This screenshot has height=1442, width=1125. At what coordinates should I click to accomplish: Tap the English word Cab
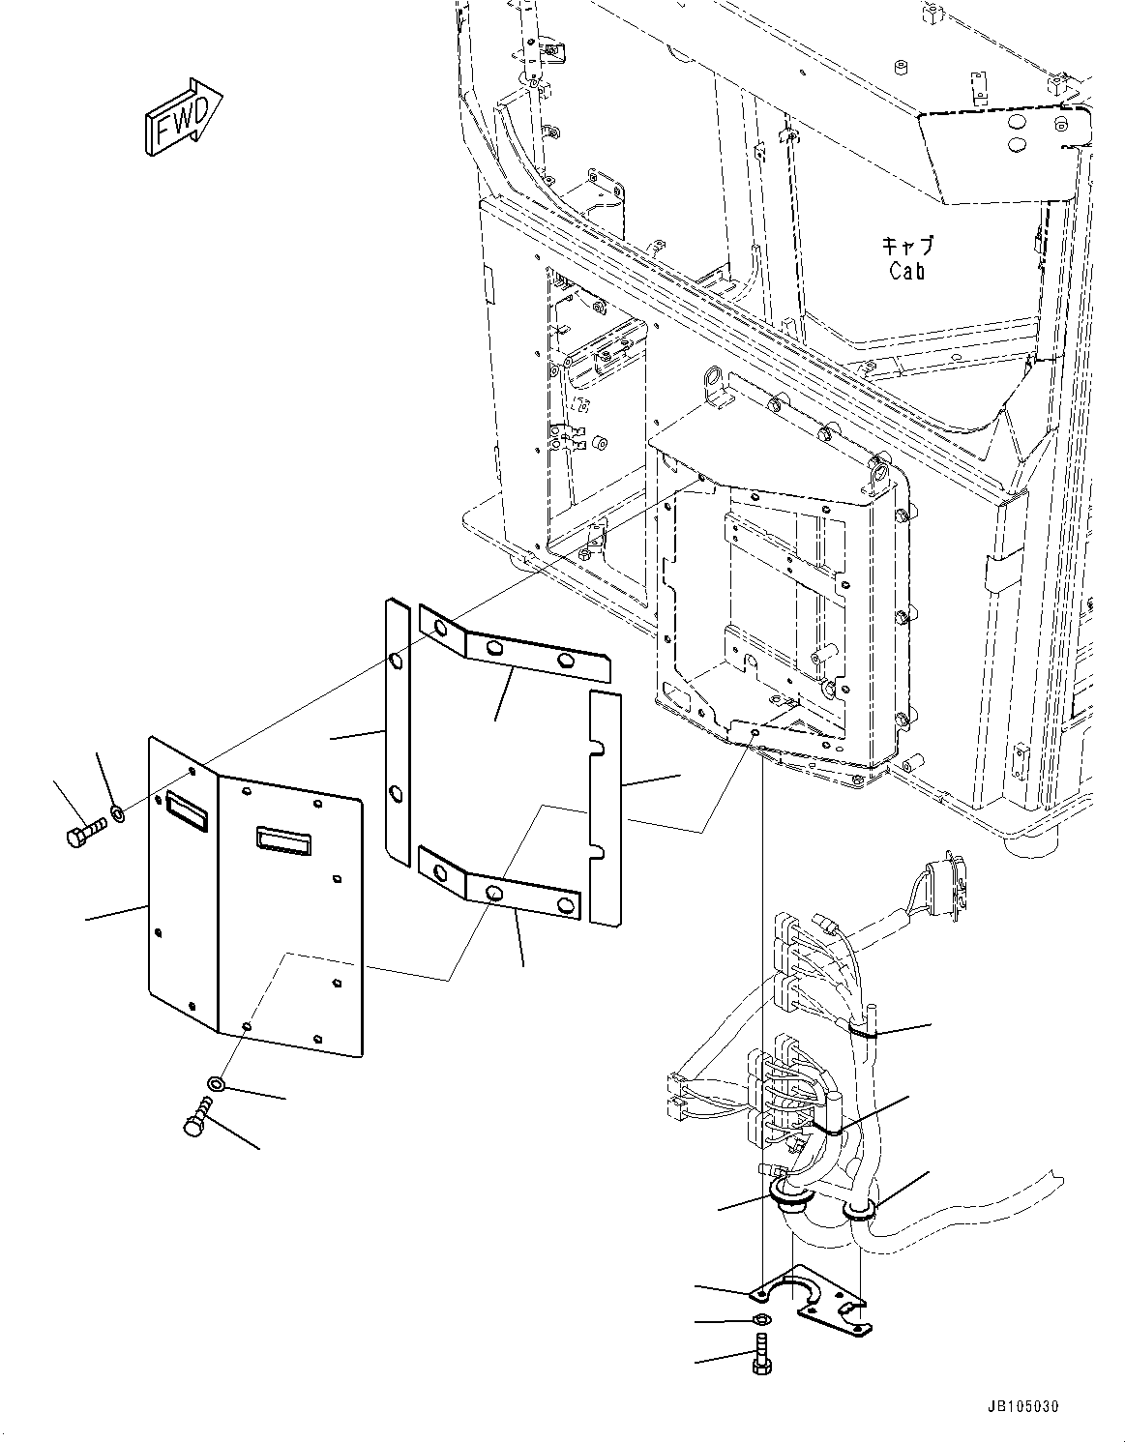pyautogui.click(x=906, y=271)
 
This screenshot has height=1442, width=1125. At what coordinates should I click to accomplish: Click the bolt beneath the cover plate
pyautogui.click(x=196, y=1118)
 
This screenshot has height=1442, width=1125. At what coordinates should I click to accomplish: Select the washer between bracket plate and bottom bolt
pyautogui.click(x=761, y=1320)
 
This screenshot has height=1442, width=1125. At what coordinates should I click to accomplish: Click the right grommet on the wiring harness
pyautogui.click(x=858, y=1210)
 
